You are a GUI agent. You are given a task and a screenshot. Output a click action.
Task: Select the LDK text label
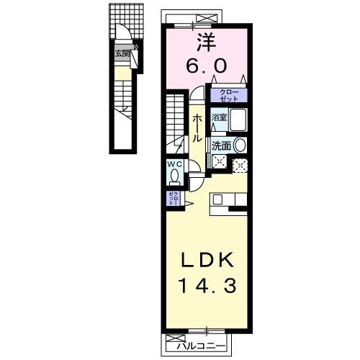(x=207, y=258)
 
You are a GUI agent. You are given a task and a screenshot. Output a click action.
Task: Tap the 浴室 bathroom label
(x=218, y=115)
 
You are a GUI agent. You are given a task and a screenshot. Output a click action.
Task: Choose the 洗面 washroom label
(x=222, y=144)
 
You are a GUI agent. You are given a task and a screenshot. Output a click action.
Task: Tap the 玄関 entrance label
(x=122, y=53)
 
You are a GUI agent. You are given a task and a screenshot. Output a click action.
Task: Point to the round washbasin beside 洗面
(x=240, y=144)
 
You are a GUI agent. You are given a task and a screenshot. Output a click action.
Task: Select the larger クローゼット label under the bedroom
(x=228, y=94)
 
